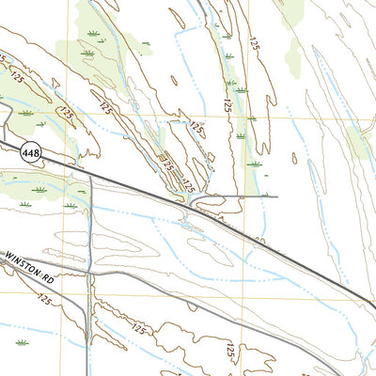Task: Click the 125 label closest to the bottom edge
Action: [x=229, y=352]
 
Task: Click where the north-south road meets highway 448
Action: [x=88, y=172]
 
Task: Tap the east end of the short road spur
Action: [x=278, y=196]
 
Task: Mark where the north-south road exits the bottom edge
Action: [x=90, y=375]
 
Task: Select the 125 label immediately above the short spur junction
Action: [x=189, y=187]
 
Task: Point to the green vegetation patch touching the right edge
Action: [x=361, y=141]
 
